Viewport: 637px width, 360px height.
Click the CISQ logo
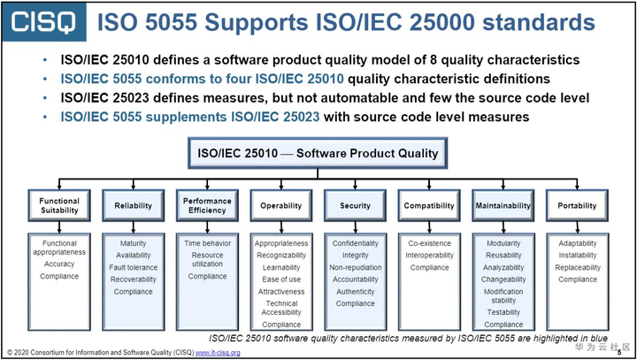coord(44,21)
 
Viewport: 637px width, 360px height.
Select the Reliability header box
coord(134,205)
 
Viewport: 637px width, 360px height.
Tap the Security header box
coord(355,205)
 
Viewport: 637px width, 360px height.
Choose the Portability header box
coord(577,205)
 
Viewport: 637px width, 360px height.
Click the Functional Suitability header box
coord(59,205)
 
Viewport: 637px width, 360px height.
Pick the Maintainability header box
coord(503,205)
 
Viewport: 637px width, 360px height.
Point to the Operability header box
coord(281,205)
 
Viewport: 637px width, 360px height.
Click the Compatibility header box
coord(429,205)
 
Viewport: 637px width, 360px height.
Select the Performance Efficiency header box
coord(207,205)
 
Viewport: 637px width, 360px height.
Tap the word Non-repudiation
coord(356,267)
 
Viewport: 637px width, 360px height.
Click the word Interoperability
coord(429,255)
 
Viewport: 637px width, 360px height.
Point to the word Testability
coord(503,312)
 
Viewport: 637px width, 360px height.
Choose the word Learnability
coord(281,267)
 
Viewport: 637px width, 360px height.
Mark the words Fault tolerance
coord(134,267)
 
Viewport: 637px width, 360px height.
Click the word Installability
coord(577,255)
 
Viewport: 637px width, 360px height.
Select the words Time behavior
coord(208,243)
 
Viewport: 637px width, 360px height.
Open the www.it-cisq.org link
coord(218,352)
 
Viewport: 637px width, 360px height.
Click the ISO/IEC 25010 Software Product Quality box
coord(318,153)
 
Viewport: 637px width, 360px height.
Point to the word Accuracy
coord(59,264)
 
